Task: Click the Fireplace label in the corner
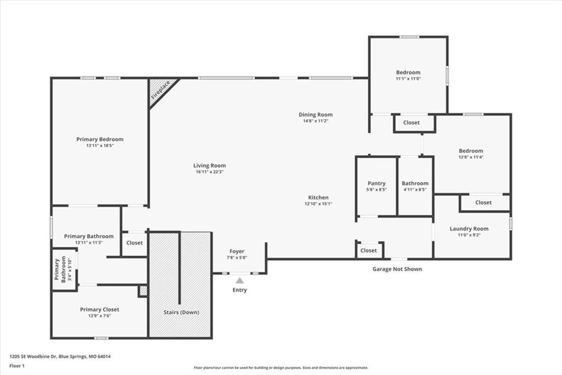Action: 160,91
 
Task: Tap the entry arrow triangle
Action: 240,280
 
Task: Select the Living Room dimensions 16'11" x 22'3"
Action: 210,172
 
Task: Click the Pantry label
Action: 376,183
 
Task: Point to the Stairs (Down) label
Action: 181,312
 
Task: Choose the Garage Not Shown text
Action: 397,269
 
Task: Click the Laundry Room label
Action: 469,229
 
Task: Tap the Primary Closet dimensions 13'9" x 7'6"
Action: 100,316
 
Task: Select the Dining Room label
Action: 316,114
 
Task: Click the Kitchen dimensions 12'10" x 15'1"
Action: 318,203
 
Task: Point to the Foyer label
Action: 237,251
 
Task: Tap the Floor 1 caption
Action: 17,366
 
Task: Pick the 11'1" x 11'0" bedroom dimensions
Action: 408,79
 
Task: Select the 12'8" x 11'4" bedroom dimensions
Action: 471,157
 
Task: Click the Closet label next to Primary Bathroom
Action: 134,243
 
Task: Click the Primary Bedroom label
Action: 100,139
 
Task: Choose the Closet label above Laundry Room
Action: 484,202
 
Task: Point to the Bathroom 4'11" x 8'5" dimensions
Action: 415,190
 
